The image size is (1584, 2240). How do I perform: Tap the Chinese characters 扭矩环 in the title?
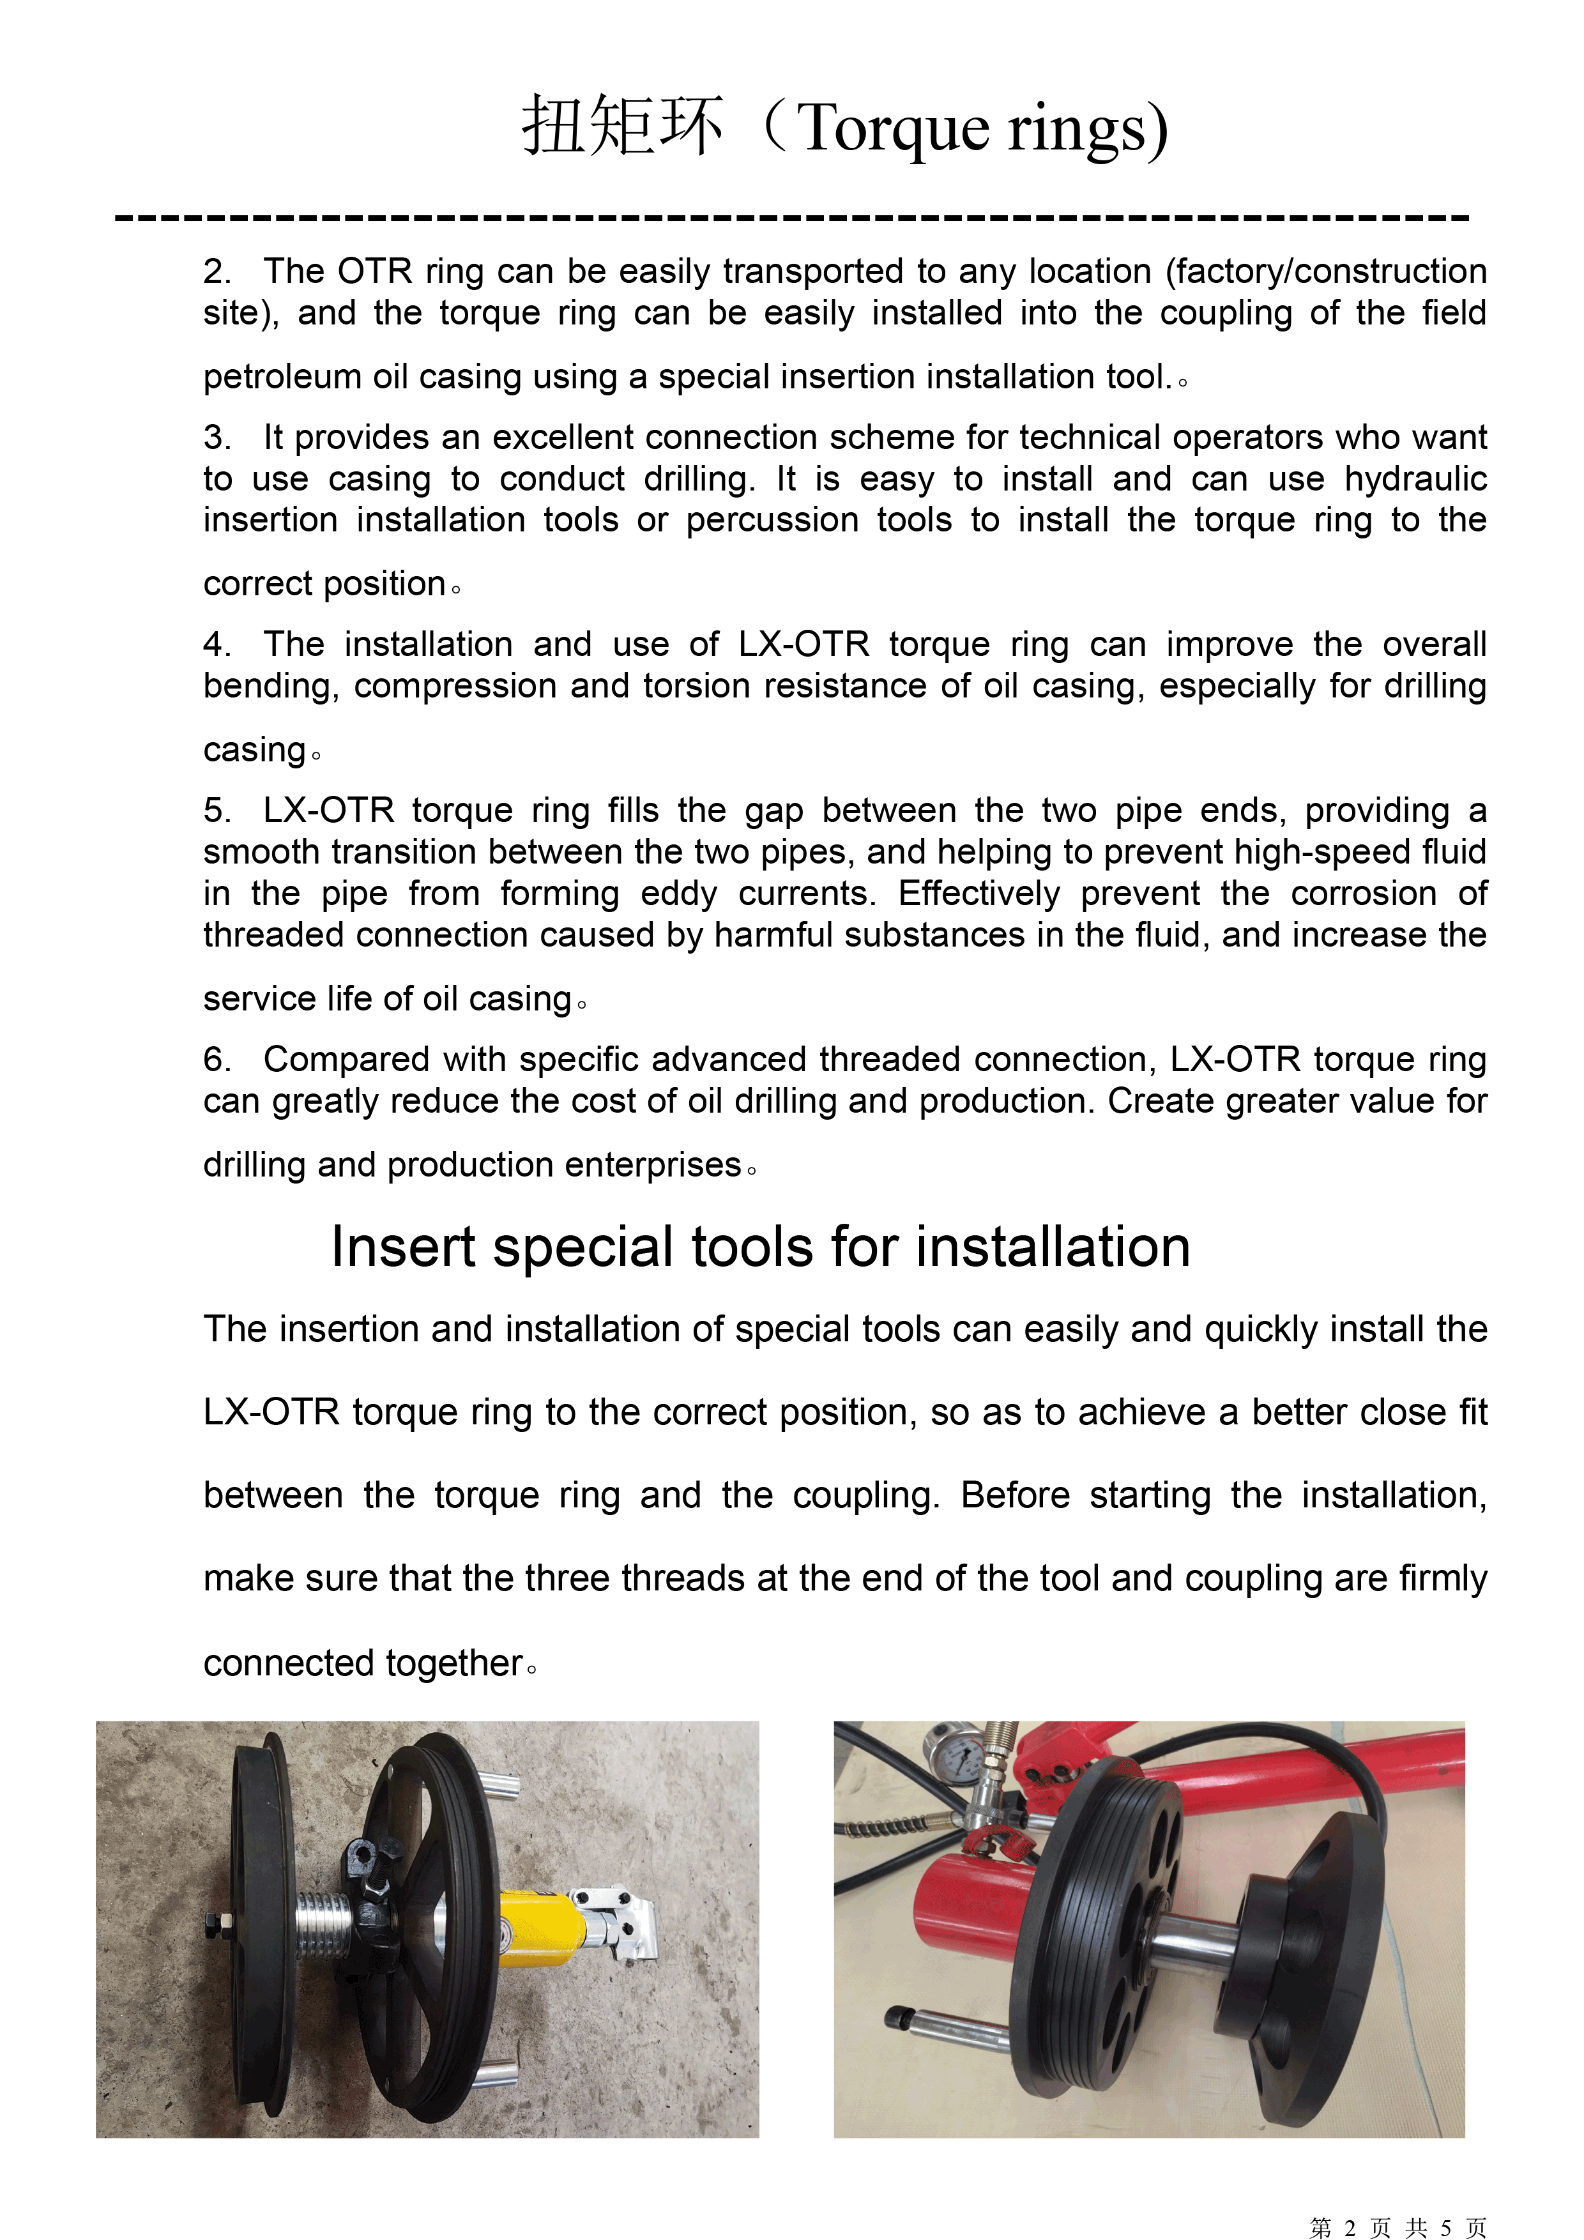click(x=622, y=128)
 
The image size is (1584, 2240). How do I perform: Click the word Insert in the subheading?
click(x=404, y=1248)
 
